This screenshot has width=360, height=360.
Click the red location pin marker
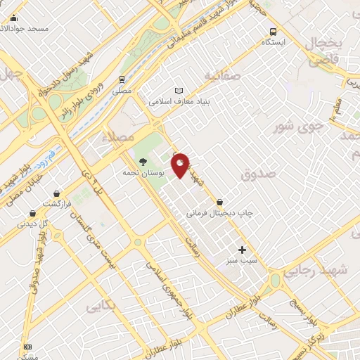pyautogui.click(x=181, y=165)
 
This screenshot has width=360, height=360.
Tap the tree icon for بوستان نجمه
pyautogui.click(x=143, y=161)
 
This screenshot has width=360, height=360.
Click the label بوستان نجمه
pyautogui.click(x=143, y=172)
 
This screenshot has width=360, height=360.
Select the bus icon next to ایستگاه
pyautogui.click(x=274, y=31)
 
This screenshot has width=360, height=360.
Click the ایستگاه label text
pyautogui.click(x=274, y=42)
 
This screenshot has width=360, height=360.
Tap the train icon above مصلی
pyautogui.click(x=122, y=79)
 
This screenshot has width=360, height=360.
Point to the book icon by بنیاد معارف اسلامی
pyautogui.click(x=179, y=91)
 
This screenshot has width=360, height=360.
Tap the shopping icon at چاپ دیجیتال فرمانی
pyautogui.click(x=220, y=201)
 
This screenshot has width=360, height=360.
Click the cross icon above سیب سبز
pyautogui.click(x=242, y=250)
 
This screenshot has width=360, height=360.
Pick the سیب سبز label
pyautogui.click(x=242, y=261)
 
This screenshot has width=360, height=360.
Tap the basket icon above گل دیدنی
pyautogui.click(x=32, y=213)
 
